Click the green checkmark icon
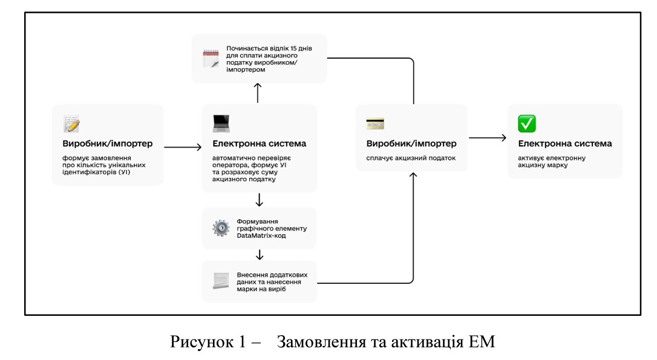[526, 124]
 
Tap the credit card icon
[375, 124]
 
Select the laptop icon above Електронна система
[221, 124]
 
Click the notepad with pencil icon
[71, 124]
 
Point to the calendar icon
[209, 59]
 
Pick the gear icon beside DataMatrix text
[221, 228]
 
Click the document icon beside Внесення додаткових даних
[221, 280]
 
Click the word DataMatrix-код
[261, 235]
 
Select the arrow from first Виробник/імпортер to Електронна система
[183, 146]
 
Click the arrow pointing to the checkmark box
[488, 138]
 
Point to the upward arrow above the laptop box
[258, 93]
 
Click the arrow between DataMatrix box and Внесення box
[259, 255]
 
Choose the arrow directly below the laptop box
[259, 200]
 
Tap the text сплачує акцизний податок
[411, 159]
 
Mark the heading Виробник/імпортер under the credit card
[411, 144]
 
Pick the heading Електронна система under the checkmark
[564, 144]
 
